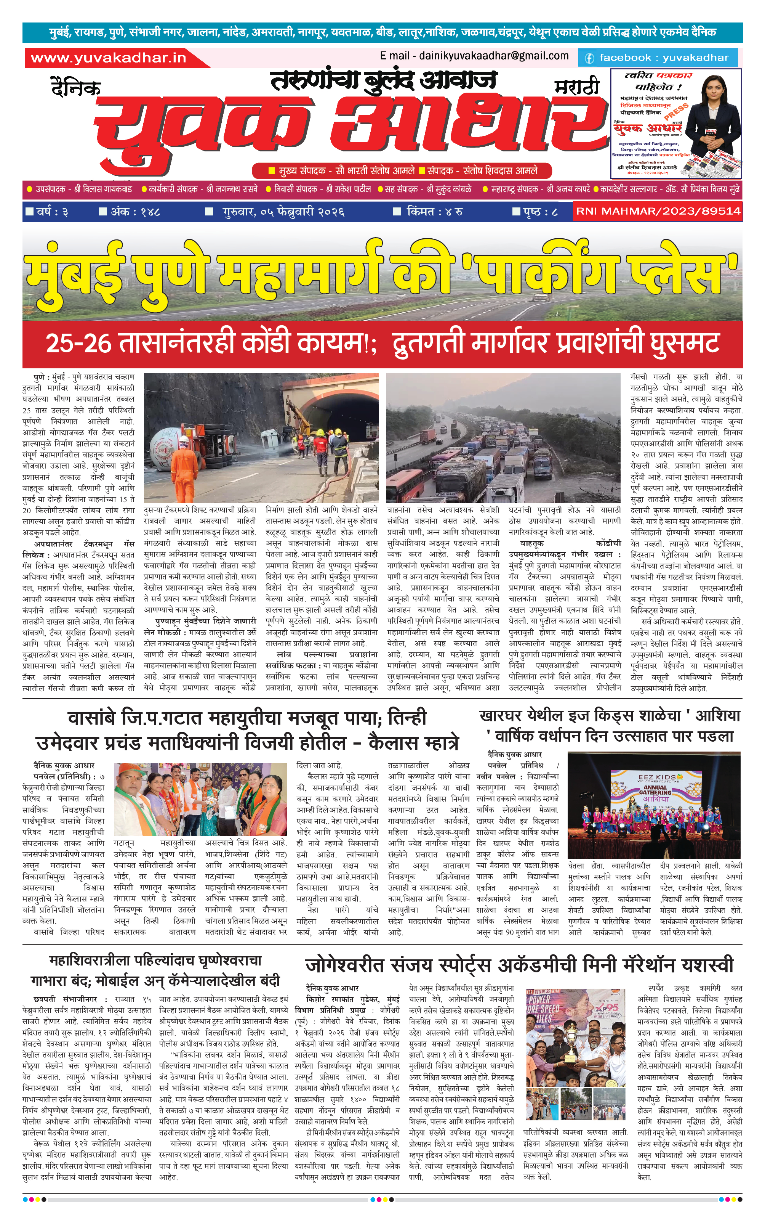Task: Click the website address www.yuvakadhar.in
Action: coord(109,58)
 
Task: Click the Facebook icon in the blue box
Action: coord(589,58)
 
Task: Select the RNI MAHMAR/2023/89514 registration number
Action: coord(658,211)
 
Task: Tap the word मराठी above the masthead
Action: coord(577,87)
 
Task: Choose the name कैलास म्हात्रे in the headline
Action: coord(413,743)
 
